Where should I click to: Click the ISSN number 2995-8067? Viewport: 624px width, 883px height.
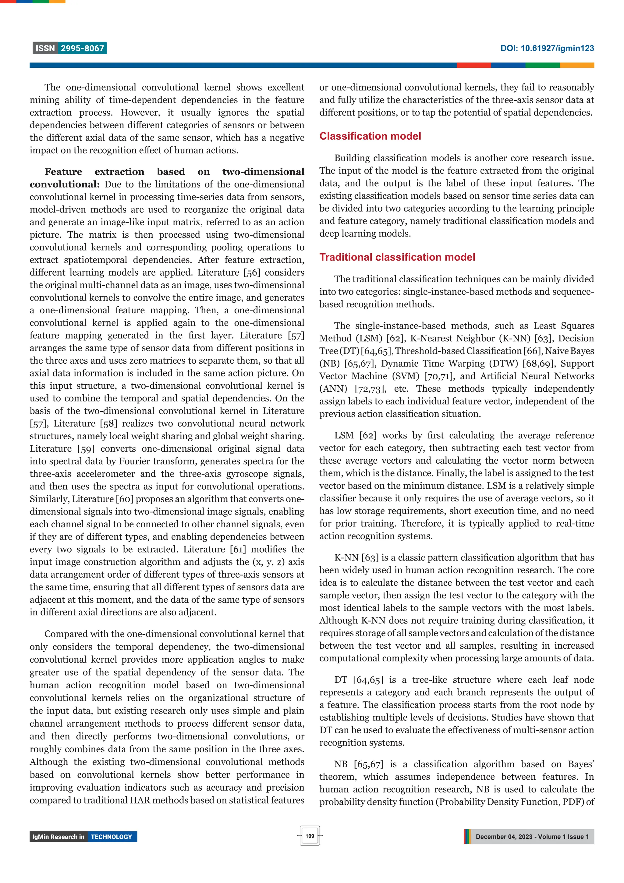tap(82, 48)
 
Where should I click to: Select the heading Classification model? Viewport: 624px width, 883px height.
tap(370, 136)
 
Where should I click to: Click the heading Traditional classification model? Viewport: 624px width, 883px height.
tap(397, 257)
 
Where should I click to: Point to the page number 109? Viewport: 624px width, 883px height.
tap(310, 836)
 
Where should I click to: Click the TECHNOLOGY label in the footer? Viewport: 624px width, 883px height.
tap(111, 837)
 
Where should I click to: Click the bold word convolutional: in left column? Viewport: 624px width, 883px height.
tap(65, 185)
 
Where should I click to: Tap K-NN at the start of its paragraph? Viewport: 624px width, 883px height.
tap(346, 558)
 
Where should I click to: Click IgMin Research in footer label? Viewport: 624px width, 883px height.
tap(58, 837)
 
